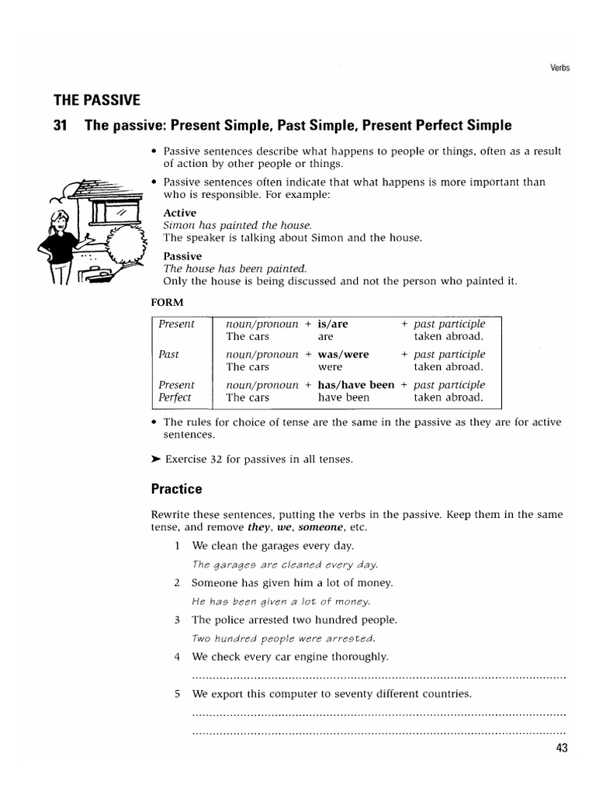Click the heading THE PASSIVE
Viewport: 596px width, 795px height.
tap(97, 99)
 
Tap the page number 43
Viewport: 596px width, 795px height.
tap(562, 748)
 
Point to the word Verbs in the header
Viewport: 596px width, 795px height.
tap(559, 68)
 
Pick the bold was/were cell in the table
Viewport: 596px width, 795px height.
tap(344, 354)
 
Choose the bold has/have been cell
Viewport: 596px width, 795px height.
tap(356, 384)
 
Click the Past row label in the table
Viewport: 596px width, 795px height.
tap(168, 354)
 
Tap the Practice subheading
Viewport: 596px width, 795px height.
tap(176, 489)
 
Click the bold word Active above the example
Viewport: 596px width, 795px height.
tap(180, 213)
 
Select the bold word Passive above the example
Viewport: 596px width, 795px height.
tap(182, 255)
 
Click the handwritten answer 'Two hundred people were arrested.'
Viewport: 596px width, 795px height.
tap(283, 638)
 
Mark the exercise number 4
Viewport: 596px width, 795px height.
tap(178, 657)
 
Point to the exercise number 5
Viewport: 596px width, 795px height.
tap(178, 693)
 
